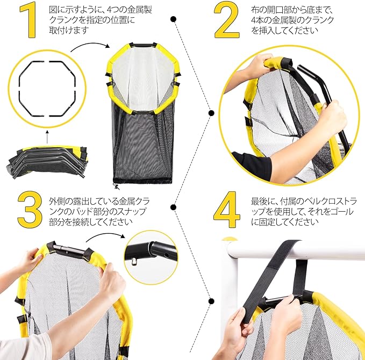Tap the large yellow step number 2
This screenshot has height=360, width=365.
click(x=226, y=20)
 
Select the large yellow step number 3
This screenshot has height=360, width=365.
click(x=30, y=208)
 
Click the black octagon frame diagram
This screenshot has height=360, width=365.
click(x=19, y=89)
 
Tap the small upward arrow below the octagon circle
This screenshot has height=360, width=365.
click(x=47, y=137)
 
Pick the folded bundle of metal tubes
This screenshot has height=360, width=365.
click(x=48, y=162)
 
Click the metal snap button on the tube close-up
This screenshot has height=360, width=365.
click(x=134, y=262)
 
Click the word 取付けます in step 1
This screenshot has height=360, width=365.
click(x=69, y=30)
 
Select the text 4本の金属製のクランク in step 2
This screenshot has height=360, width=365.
click(x=292, y=20)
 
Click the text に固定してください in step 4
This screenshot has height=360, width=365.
click(x=284, y=222)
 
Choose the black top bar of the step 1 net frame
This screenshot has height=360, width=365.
click(x=142, y=44)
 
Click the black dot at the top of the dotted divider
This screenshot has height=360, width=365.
click(x=173, y=19)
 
